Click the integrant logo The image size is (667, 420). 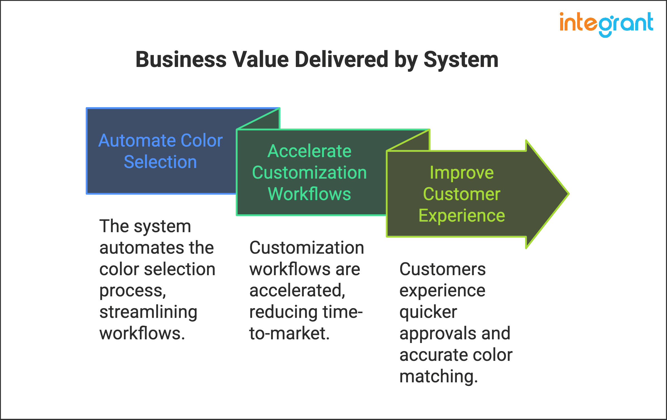(x=606, y=24)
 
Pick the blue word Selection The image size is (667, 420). (x=160, y=162)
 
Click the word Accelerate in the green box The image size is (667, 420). (x=309, y=151)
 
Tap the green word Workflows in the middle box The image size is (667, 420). (x=309, y=194)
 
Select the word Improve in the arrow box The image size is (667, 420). (x=462, y=172)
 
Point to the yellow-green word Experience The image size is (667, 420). (x=462, y=216)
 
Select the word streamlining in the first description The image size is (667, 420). (x=148, y=312)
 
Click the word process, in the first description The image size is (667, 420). (x=133, y=291)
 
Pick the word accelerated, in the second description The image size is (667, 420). (x=297, y=291)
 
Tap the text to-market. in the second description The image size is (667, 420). (x=289, y=333)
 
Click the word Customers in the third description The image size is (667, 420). (x=442, y=269)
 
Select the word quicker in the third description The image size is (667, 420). (x=428, y=312)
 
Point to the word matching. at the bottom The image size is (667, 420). (x=438, y=376)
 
